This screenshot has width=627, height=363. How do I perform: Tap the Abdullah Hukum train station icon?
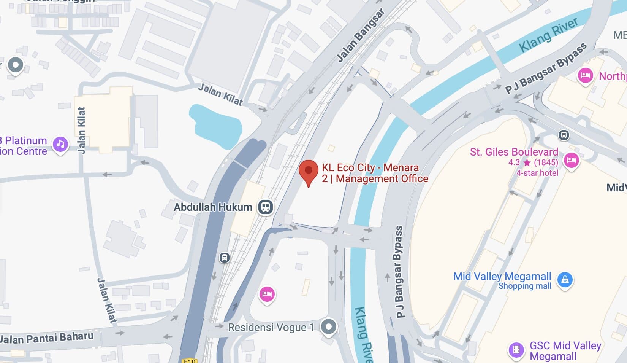point(266,207)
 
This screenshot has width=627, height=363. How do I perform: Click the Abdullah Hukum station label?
point(213,207)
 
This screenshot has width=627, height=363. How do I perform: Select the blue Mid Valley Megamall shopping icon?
point(565,280)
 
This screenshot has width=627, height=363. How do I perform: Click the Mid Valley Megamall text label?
point(502,277)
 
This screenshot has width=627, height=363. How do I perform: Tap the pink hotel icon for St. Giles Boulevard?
point(571,160)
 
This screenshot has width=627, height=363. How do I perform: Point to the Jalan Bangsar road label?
point(361,35)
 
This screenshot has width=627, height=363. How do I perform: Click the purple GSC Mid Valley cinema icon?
point(516,349)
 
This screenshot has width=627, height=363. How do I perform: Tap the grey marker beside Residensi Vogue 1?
point(328,326)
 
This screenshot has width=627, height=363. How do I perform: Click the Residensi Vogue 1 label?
point(271,327)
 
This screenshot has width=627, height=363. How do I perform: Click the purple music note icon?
point(60,144)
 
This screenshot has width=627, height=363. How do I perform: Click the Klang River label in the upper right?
point(548,35)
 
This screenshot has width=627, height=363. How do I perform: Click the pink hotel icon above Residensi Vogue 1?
point(267,294)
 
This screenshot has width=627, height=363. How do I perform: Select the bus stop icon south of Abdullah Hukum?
point(225,258)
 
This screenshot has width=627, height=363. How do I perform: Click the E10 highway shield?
point(189,360)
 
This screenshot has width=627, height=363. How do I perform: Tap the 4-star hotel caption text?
point(537,173)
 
